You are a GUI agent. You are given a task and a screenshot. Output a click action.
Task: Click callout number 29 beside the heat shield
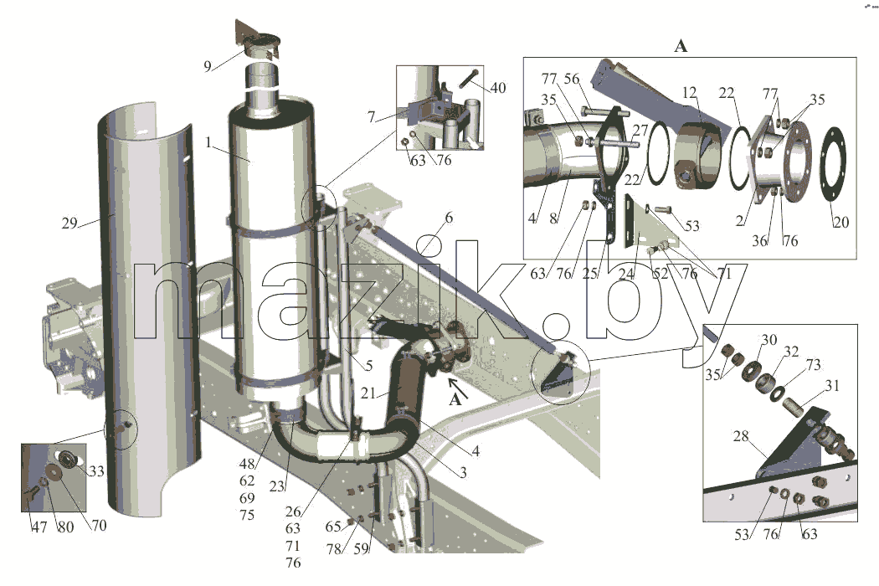coord(69,224)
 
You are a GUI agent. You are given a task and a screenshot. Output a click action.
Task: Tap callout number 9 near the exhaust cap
coord(208,67)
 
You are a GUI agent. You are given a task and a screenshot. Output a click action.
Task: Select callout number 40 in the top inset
coord(498,87)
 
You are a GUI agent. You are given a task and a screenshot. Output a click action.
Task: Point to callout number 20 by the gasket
coord(840,222)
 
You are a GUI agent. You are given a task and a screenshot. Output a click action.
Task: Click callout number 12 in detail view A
coord(690,92)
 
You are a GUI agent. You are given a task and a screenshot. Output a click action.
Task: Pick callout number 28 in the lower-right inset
coord(741,435)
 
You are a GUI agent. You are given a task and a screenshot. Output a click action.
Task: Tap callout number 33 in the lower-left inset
coord(96,470)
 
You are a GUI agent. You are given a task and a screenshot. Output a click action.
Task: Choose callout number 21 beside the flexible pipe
coord(368,393)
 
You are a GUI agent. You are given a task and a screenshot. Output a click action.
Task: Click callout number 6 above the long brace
coord(449,218)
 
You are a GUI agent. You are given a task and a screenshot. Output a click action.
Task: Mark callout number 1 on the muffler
coord(208,142)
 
